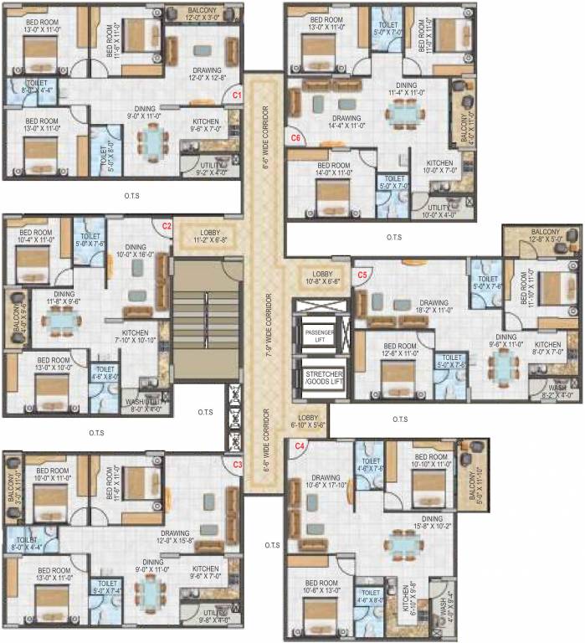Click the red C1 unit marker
point(237,96)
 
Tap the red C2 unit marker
point(167,226)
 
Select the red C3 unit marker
point(237,464)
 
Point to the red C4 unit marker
point(299,446)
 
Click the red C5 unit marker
point(362,275)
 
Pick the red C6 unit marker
point(295,136)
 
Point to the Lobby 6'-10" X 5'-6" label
point(305,421)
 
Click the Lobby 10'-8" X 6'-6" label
point(322,279)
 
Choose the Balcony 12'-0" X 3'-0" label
point(202,14)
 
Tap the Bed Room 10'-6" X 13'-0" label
point(321,587)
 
